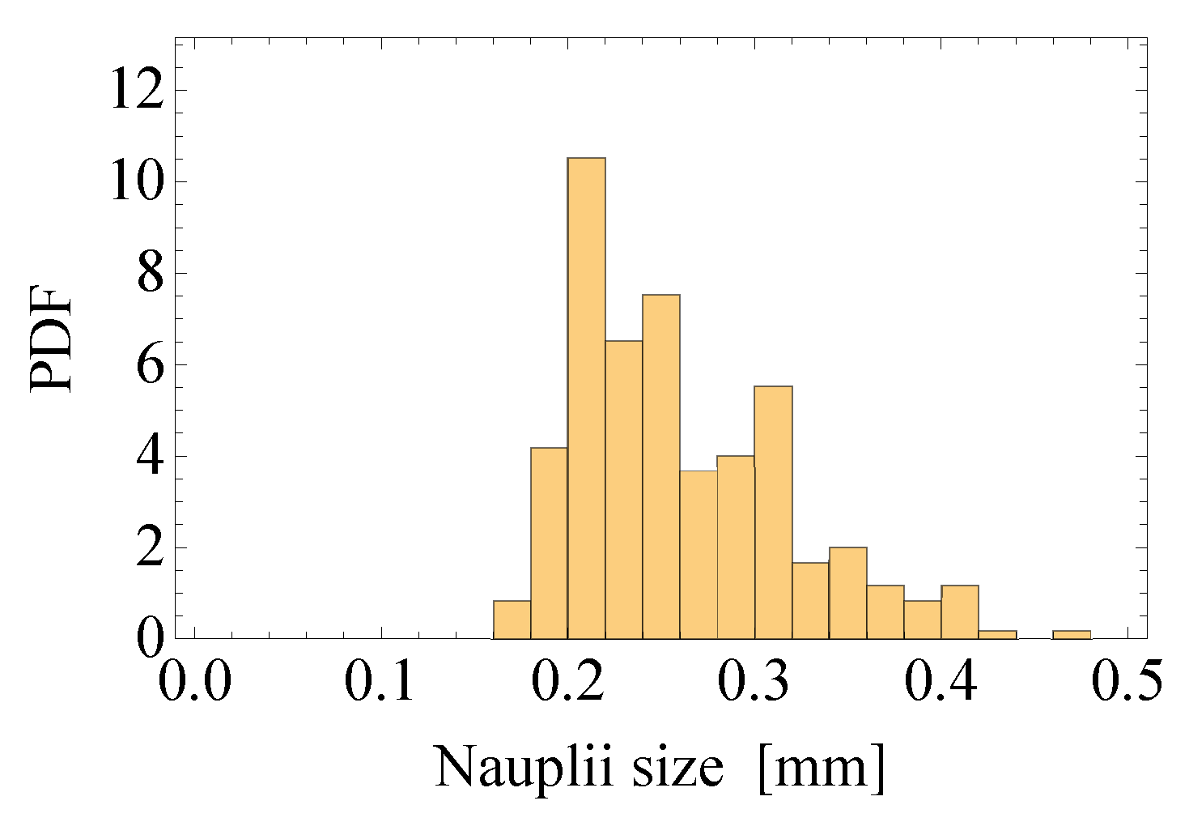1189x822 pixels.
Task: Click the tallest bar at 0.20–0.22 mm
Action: (x=586, y=397)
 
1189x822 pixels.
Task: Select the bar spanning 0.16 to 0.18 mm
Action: (x=512, y=620)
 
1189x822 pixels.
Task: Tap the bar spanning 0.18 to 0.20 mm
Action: (x=549, y=543)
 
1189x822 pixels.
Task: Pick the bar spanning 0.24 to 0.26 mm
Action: (x=661, y=466)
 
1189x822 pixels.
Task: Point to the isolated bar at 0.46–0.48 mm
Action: (x=1072, y=634)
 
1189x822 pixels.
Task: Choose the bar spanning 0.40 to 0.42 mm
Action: (x=960, y=611)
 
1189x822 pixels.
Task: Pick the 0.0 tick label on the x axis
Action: (x=194, y=680)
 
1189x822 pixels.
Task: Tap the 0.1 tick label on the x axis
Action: (x=380, y=680)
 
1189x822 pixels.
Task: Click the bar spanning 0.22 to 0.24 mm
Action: (x=623, y=489)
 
